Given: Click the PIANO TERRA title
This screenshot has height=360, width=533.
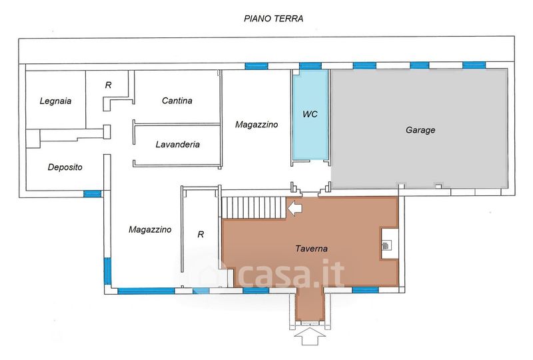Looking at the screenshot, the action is click(273, 19).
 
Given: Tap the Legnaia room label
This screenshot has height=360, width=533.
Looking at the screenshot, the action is click(55, 101).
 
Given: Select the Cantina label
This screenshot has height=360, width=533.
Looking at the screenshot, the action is click(177, 101).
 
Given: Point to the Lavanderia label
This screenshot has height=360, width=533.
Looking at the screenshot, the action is click(177, 144).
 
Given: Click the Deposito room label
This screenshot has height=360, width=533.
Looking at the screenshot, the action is click(65, 167).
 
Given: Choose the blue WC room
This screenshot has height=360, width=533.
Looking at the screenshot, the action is click(310, 114).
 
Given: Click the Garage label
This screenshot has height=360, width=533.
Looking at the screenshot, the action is click(420, 130).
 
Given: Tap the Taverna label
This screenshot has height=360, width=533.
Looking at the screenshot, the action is click(311, 249).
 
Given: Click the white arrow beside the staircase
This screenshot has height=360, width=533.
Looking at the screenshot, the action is click(294, 208).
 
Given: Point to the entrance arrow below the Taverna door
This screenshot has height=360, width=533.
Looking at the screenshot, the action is click(310, 337).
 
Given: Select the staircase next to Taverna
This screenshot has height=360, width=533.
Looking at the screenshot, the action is click(254, 207).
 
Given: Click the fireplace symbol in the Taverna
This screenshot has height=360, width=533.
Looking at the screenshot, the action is click(386, 245).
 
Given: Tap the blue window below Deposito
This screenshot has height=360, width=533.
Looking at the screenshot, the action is click(93, 194).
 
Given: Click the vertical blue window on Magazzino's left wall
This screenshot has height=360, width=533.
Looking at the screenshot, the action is click(107, 271).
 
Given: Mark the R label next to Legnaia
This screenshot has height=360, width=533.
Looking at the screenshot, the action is click(108, 85).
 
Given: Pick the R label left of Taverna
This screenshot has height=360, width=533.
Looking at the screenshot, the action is click(201, 235).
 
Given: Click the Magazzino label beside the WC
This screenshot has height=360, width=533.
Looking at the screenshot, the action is click(257, 125).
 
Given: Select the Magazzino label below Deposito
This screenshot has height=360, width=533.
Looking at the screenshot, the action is click(150, 230).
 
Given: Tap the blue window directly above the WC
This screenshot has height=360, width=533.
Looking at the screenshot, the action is click(310, 66).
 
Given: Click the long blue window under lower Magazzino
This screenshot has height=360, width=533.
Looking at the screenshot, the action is click(146, 291).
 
